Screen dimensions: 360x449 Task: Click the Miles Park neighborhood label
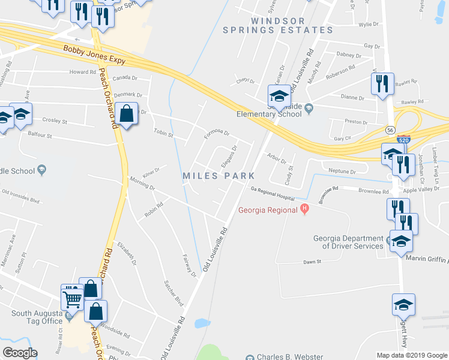click(x=219, y=176)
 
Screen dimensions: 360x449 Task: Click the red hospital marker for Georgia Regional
click(x=304, y=209)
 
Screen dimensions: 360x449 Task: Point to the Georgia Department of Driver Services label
click(x=348, y=242)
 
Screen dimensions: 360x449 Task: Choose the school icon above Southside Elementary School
click(x=279, y=95)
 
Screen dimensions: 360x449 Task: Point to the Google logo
click(x=20, y=352)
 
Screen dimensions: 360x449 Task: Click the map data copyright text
click(x=412, y=355)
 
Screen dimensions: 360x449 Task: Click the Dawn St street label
click(x=312, y=262)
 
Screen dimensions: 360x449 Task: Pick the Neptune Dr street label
click(x=342, y=171)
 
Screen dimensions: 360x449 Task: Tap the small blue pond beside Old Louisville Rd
click(x=202, y=323)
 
